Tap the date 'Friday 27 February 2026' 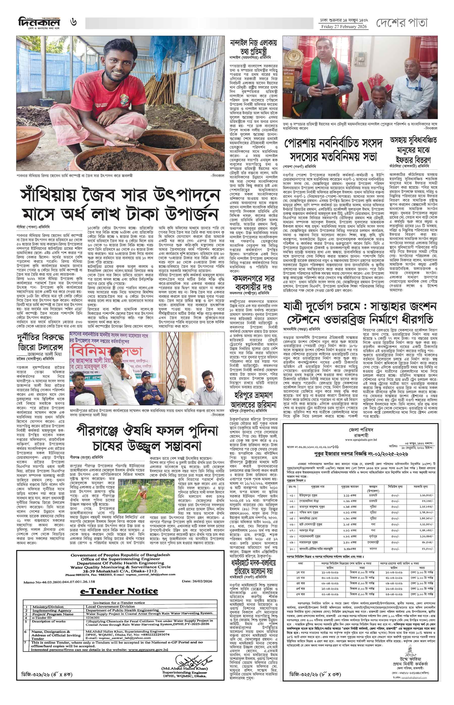tap(344, 26)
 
